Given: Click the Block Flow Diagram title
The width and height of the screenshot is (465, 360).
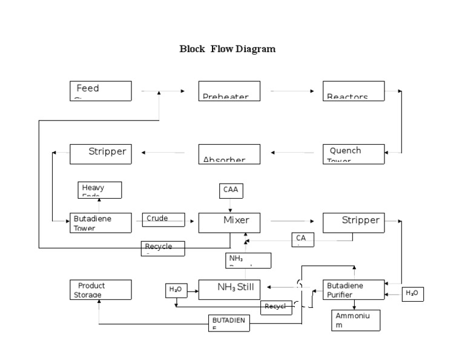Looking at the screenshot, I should pos(227,49).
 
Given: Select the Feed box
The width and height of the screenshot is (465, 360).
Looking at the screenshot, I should pos(100,91).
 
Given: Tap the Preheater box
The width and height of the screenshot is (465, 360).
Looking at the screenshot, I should pos(229,91).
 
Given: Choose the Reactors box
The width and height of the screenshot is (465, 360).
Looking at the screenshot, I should pos(354,91).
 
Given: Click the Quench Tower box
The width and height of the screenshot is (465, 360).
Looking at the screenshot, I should pos(354,154).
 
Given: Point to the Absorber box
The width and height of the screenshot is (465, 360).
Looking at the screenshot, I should pos(229,154).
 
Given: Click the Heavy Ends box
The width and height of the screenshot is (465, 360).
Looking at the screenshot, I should pos(100,190).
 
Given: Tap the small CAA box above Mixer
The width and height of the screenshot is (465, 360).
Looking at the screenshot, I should pos(231,191).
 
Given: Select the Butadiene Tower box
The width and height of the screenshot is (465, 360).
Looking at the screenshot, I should pos(100,222).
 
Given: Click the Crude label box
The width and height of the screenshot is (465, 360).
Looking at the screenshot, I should pos(163,219).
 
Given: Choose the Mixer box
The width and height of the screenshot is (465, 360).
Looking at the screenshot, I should pos(229,222).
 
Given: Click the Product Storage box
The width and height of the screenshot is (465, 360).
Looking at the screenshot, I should pos(100,290).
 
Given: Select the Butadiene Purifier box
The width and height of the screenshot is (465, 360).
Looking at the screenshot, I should pos(354,290).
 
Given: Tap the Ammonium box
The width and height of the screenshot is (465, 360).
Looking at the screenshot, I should pos(356,320).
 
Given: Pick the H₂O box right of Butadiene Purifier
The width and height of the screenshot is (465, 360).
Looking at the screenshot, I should pos(412,294).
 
